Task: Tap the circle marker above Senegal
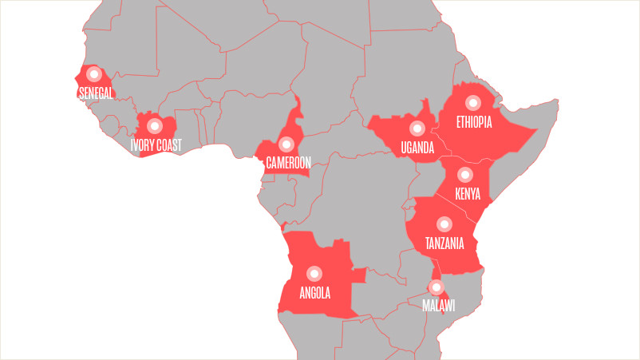pyautogui.click(x=93, y=75)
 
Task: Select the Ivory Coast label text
pyautogui.click(x=156, y=145)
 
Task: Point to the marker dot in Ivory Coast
pyautogui.click(x=153, y=125)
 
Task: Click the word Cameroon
pyautogui.click(x=288, y=162)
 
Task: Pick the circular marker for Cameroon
pyautogui.click(x=285, y=144)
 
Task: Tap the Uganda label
pyautogui.click(x=417, y=148)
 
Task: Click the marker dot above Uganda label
pyautogui.click(x=416, y=128)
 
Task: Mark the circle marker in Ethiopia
pyautogui.click(x=472, y=102)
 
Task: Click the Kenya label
pyautogui.click(x=468, y=194)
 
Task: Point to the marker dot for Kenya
pyautogui.click(x=465, y=175)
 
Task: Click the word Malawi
pyautogui.click(x=438, y=306)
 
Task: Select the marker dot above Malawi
pyautogui.click(x=436, y=287)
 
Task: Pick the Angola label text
pyautogui.click(x=314, y=292)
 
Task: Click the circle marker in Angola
pyautogui.click(x=314, y=272)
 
